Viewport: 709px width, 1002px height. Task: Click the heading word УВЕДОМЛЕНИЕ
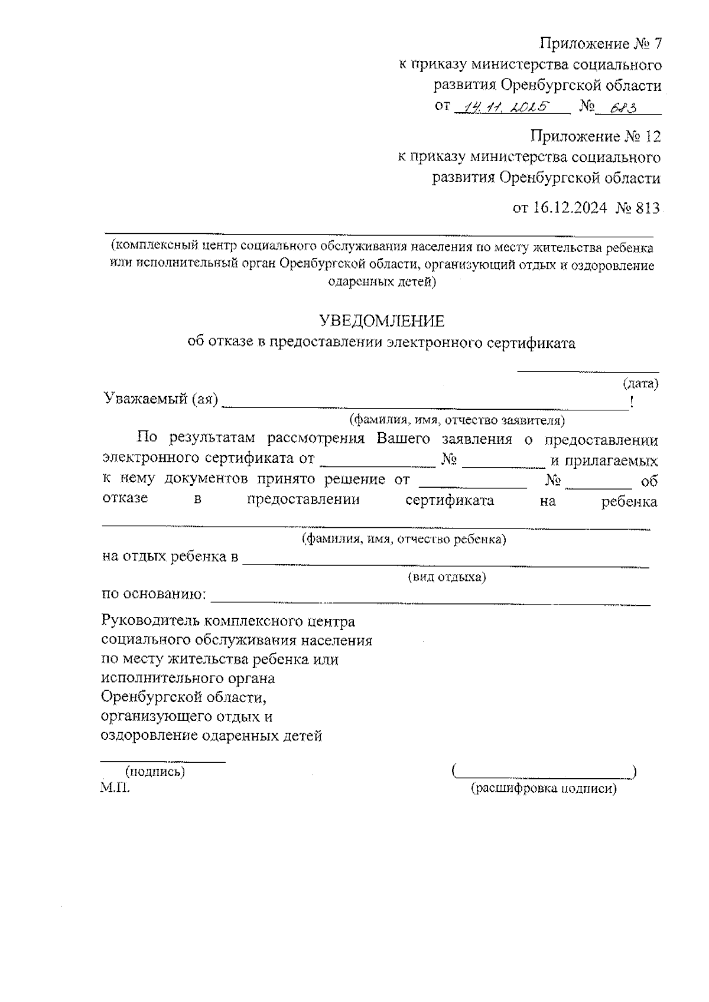381,321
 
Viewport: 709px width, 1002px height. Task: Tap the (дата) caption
641,384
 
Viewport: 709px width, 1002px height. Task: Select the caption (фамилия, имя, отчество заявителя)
457,420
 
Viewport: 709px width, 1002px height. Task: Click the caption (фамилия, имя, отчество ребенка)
404,539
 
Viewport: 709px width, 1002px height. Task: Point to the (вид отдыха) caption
447,577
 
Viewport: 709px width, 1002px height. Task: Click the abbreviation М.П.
115,787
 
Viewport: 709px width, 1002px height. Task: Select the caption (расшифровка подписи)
543,788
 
